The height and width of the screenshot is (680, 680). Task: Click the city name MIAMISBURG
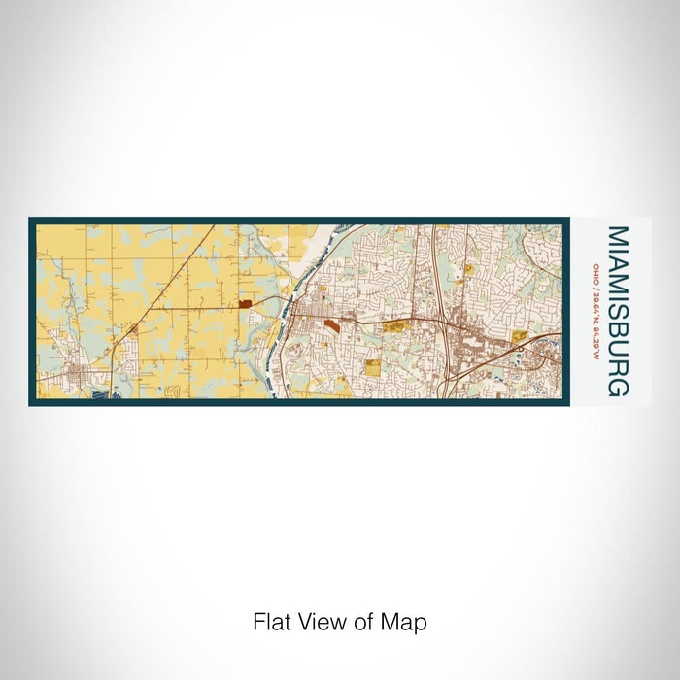point(618,311)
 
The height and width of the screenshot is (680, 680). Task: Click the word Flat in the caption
point(270,622)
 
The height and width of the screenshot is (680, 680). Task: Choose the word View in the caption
point(321,622)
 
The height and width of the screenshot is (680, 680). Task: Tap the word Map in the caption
point(406,622)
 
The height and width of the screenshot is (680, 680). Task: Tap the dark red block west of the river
point(245,304)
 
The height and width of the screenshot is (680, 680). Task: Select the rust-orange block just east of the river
point(332,324)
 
